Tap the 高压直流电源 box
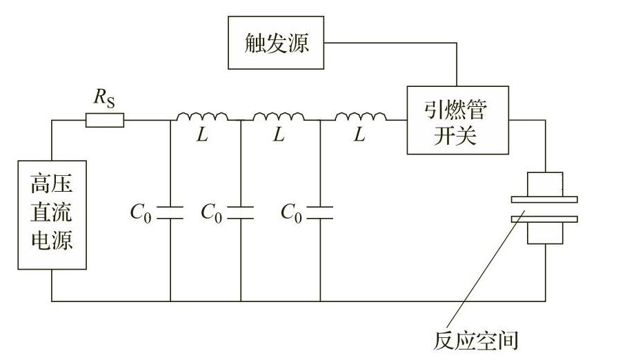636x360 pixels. click(52, 214)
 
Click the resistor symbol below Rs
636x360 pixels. click(105, 121)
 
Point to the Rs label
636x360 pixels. click(104, 99)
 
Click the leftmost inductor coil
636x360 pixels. click(202, 118)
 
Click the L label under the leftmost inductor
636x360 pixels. click(202, 136)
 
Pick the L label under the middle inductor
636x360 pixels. click(278, 136)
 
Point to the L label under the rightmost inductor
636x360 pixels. click(359, 136)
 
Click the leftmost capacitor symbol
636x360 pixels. click(170, 212)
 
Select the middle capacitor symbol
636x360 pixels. click(241, 212)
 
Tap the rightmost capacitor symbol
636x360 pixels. click(320, 212)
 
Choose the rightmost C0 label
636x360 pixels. click(292, 213)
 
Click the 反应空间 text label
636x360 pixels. click(476, 340)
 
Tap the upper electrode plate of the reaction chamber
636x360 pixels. click(544, 200)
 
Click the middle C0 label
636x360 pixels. click(212, 213)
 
